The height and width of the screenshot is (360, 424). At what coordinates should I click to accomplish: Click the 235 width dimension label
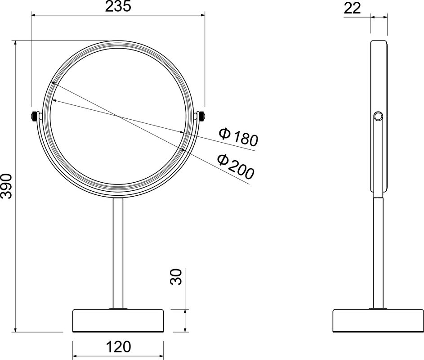tap(118, 6)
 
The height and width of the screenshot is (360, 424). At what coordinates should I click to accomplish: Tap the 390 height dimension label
tap(6, 186)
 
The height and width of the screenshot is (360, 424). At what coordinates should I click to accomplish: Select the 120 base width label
tap(118, 347)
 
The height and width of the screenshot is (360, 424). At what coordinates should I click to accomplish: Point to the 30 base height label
tap(176, 277)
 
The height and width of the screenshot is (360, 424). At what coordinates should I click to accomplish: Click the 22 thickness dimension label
tap(353, 8)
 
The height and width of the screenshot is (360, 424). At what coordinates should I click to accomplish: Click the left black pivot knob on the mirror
tap(35, 117)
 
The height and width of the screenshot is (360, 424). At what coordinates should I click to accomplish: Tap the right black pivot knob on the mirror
tap(202, 117)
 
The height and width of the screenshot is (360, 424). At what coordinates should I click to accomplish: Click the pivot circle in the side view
tap(378, 117)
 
